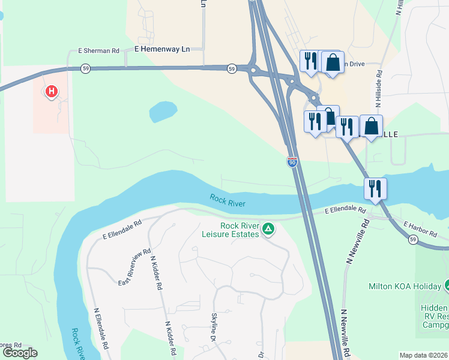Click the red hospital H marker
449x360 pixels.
coord(52,92)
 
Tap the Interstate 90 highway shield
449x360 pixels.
coord(292,163)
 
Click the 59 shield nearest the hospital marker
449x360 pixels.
coord(86,69)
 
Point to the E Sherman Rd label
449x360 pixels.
coord(99,52)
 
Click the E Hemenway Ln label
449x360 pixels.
coord(161,49)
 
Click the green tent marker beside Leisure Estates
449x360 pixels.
coord(268,229)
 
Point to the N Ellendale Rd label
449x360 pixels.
coord(100,329)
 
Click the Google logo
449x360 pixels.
coord(20,353)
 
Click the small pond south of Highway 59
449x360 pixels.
coord(163,110)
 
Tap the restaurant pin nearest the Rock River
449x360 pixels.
coord(375,188)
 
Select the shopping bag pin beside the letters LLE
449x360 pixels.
coord(372,126)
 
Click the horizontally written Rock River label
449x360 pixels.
coord(228,200)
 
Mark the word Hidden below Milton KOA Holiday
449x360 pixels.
coord(433,307)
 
